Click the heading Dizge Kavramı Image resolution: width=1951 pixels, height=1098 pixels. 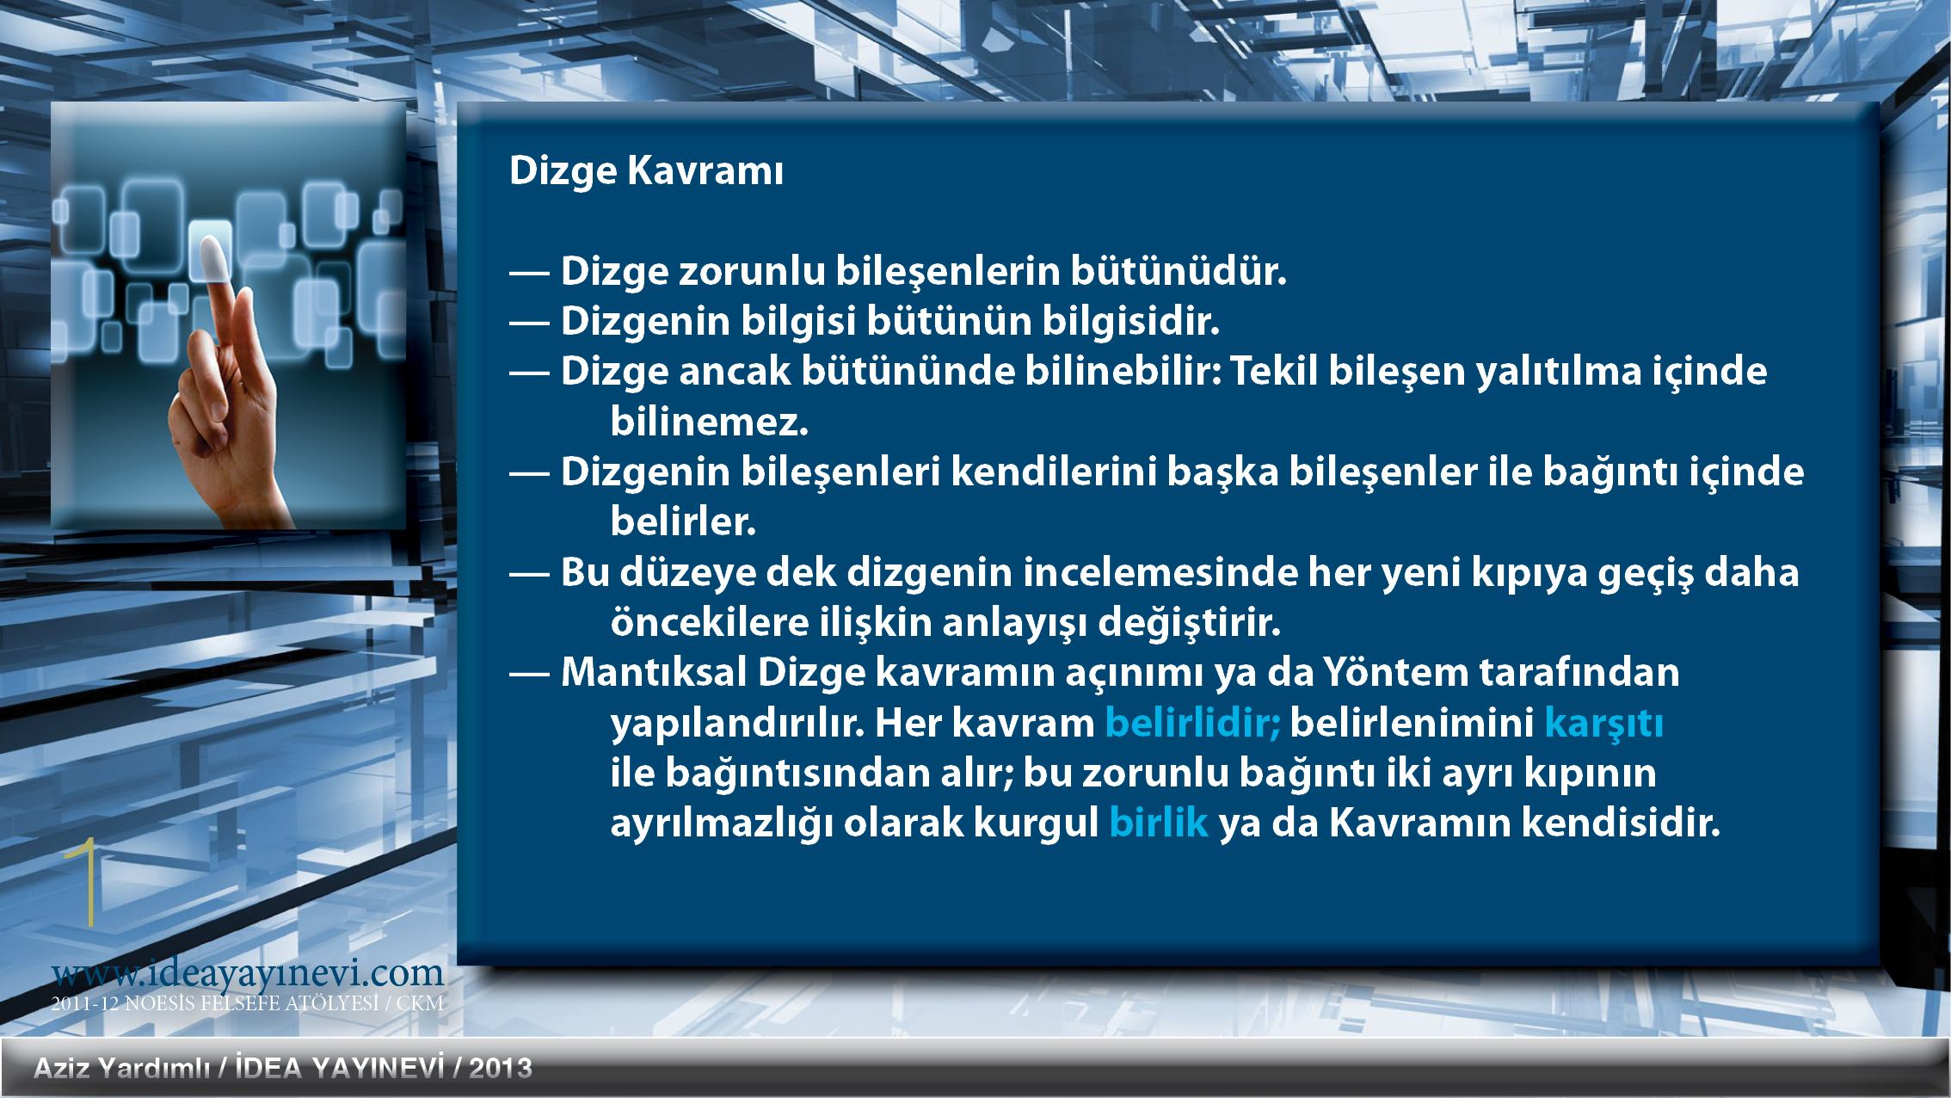646,170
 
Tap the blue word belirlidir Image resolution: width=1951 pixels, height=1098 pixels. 1192,722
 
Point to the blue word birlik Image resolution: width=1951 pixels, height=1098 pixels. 1158,822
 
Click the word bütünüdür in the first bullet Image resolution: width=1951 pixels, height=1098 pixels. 1179,270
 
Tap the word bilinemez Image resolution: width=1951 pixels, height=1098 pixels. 710,421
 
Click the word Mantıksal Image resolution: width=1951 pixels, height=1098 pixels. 654,672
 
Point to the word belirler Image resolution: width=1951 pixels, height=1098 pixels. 683,521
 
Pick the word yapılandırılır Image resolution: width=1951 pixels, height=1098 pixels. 737,724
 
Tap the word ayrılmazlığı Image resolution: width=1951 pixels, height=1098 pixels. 722,823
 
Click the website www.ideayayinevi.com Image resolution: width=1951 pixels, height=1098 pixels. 248,973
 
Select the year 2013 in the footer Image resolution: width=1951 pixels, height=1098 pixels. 501,1068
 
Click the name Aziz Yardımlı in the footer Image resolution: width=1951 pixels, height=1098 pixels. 121,1068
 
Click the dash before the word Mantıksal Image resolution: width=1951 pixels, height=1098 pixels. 529,674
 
